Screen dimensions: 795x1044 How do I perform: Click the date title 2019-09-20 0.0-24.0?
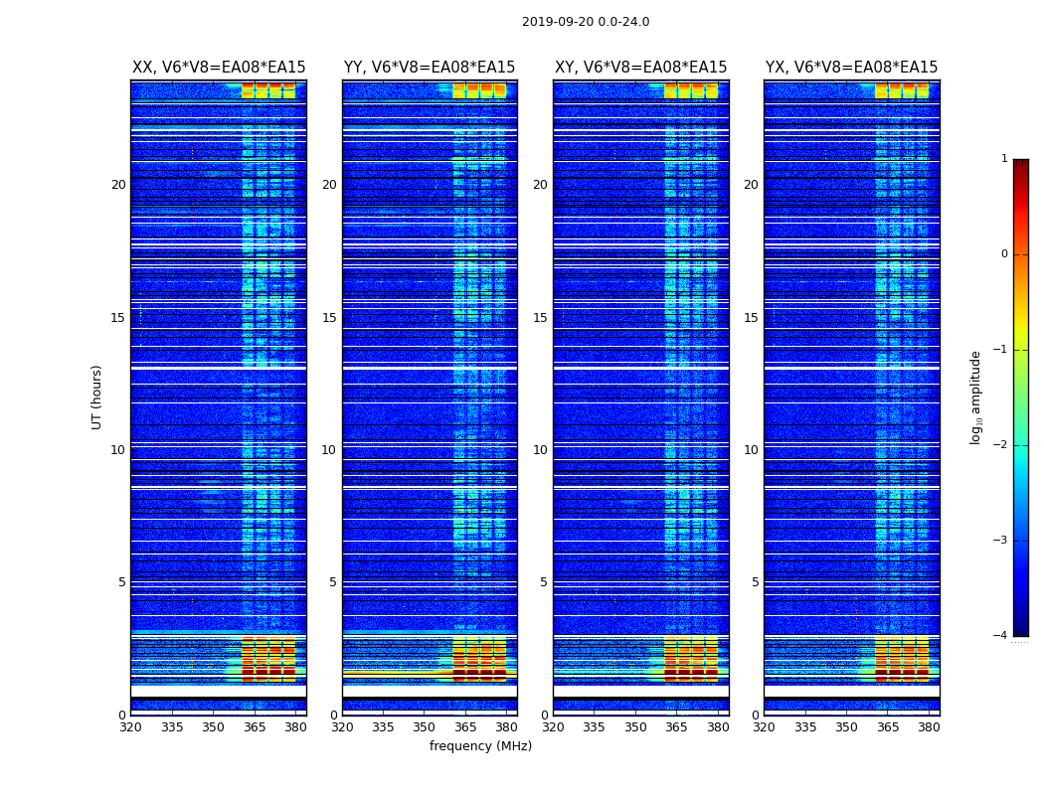(x=586, y=22)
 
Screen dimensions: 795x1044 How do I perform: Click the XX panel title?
(x=219, y=68)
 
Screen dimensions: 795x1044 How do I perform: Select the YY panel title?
(x=430, y=68)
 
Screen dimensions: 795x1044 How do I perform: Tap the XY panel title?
(x=640, y=68)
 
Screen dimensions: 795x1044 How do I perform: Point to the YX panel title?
(x=851, y=68)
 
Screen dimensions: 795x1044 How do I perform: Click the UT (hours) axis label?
(x=97, y=397)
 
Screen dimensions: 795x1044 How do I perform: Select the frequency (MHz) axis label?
(x=480, y=746)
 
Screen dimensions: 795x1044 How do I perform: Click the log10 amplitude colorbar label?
(x=976, y=397)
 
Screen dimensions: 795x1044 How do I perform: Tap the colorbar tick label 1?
(x=1004, y=159)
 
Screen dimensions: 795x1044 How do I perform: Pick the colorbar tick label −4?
(x=1001, y=636)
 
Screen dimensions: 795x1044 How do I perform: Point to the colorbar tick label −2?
(x=1001, y=445)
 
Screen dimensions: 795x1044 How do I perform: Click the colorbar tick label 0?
(x=1004, y=254)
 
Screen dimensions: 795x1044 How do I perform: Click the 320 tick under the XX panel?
(x=131, y=727)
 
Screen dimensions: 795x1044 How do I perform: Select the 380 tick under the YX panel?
(x=929, y=727)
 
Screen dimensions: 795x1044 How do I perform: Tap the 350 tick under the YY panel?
(x=425, y=727)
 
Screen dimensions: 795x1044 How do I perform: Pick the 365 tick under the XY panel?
(x=677, y=727)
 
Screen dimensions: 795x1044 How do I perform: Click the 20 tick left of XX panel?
(x=118, y=185)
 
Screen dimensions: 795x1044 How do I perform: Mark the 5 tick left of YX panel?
(x=755, y=582)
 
